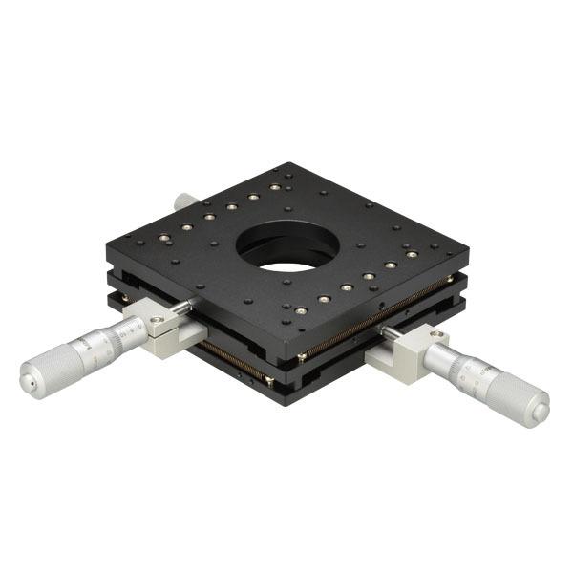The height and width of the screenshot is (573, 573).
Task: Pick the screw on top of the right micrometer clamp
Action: (437, 335)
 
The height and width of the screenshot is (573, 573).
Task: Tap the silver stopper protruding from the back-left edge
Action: (185, 200)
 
